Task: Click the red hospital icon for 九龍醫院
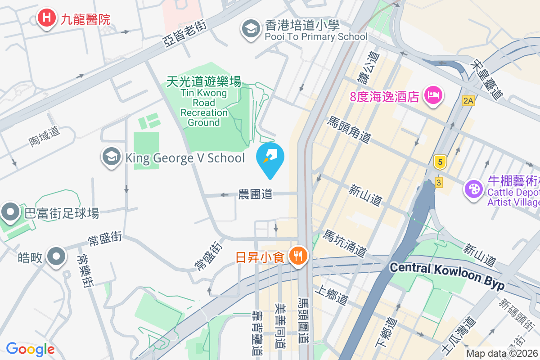coord(45,18)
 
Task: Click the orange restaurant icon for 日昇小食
coord(297,256)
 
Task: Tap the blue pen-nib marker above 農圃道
coord(270,157)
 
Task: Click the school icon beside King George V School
coord(111,157)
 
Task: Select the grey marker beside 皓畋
coord(56,256)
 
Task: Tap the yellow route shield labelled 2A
coord(468,101)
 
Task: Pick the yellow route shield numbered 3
coord(439,182)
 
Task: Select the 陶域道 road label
coord(45,135)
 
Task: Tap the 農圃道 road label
coord(255,194)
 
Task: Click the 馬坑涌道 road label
coord(345,243)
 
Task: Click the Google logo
coord(30,349)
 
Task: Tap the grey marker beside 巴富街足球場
coord(10,211)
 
